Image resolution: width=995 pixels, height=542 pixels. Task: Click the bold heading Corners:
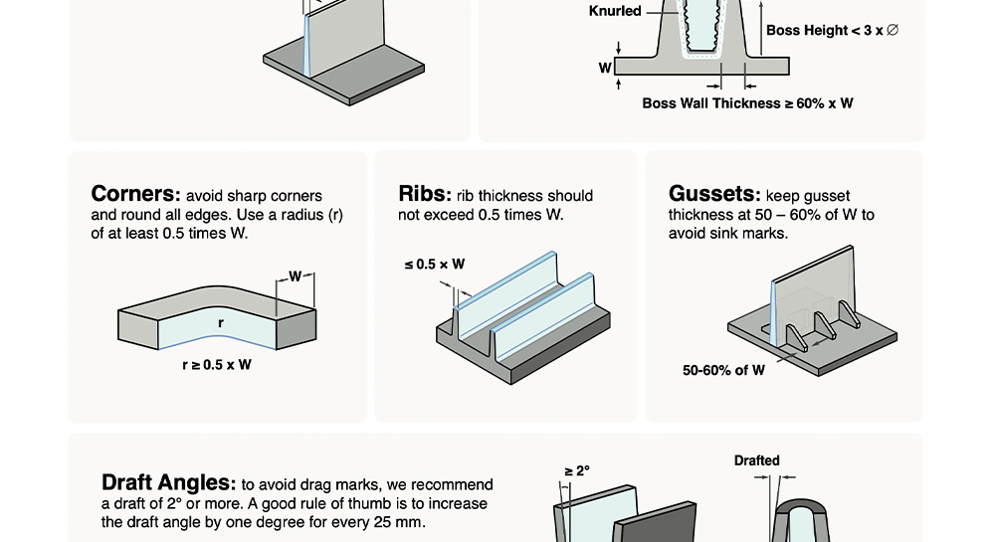[x=135, y=194]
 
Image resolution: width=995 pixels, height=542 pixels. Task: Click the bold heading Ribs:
[x=425, y=194]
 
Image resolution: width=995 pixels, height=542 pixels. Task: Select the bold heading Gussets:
[x=714, y=194]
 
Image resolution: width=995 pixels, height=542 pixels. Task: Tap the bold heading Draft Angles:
[x=169, y=483]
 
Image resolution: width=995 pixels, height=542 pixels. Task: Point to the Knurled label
[x=615, y=11]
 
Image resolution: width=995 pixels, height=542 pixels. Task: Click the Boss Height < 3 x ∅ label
[x=832, y=30]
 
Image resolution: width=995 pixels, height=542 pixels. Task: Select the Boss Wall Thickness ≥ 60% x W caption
[x=747, y=103]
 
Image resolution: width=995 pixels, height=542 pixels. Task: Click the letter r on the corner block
[x=221, y=323]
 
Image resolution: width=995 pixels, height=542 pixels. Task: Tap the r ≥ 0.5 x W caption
[x=216, y=365]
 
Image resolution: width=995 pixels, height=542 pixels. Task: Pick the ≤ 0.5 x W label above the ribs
[x=435, y=265]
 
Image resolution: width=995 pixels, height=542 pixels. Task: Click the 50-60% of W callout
[x=723, y=370]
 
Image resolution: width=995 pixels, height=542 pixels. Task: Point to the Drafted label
[x=756, y=460]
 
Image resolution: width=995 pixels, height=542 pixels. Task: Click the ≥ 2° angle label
[x=577, y=471]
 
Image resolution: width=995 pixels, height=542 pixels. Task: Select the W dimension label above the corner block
[x=296, y=276]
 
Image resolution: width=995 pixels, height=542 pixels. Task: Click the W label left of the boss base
[x=605, y=68]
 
